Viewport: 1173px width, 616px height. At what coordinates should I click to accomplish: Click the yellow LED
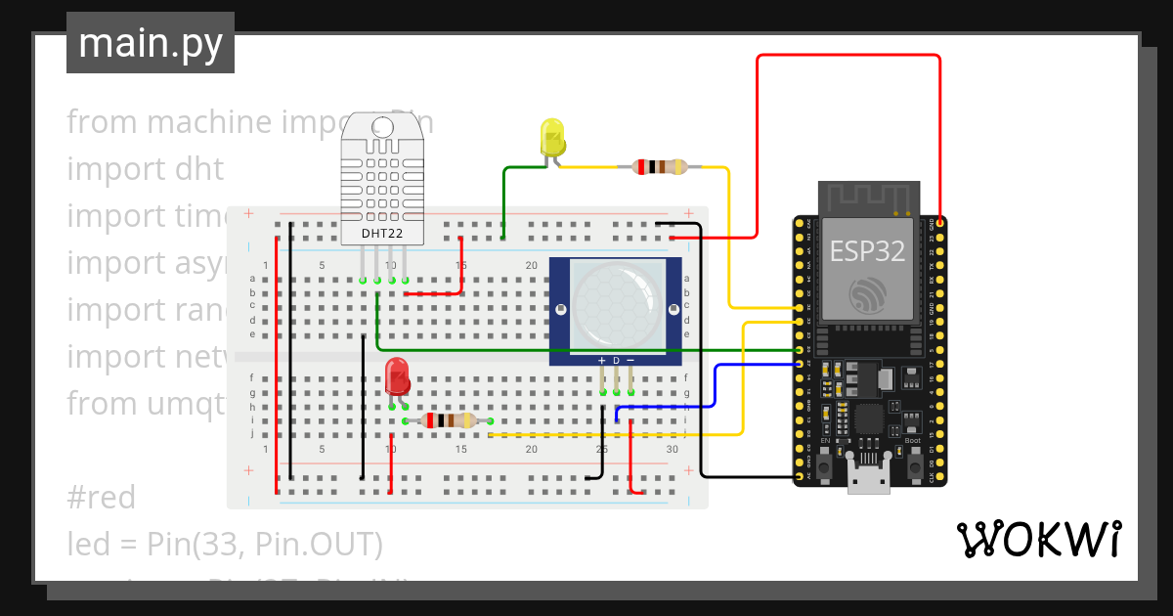click(x=552, y=137)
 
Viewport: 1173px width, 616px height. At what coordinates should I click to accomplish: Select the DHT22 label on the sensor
click(x=382, y=234)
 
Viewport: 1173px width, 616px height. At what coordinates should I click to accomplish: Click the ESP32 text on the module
click(x=867, y=250)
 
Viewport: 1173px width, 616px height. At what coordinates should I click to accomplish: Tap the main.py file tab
click(x=151, y=43)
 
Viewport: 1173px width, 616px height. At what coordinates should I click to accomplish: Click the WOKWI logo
click(x=1038, y=539)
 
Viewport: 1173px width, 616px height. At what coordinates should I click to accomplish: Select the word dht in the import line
click(x=200, y=168)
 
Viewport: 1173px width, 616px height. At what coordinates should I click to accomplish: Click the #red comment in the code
click(x=102, y=498)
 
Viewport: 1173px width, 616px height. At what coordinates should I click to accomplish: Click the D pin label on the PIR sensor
click(x=617, y=361)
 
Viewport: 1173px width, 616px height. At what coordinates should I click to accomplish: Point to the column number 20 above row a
click(x=532, y=266)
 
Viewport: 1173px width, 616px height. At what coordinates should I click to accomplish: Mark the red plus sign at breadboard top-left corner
click(x=248, y=213)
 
